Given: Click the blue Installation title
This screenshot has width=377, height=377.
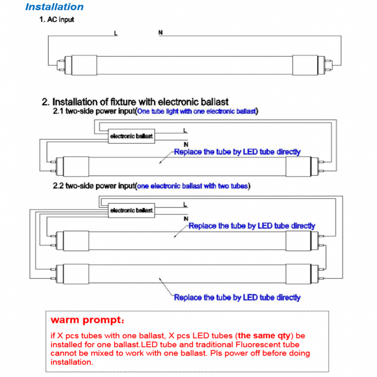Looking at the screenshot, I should [54, 7].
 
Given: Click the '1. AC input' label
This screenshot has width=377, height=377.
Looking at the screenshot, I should [57, 20].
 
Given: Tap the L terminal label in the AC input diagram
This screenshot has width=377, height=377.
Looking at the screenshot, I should [115, 33].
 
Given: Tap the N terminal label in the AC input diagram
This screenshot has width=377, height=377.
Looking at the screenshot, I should [160, 33].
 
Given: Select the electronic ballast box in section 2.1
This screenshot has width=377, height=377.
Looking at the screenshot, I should [131, 136].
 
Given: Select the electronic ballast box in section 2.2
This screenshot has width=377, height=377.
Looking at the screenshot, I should [131, 210].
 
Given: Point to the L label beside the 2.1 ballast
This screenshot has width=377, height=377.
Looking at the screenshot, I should [185, 131].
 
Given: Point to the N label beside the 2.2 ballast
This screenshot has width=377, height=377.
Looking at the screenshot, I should [186, 219].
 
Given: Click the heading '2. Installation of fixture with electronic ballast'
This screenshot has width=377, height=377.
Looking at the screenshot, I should [135, 102].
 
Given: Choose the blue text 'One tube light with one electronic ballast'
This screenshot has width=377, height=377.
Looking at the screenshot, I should [196, 111].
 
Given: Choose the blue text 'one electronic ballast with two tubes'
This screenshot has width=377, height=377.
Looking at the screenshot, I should [192, 186].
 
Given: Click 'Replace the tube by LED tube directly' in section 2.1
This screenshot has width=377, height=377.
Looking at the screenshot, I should [237, 152].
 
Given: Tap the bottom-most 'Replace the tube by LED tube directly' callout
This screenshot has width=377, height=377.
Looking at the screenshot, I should [237, 297].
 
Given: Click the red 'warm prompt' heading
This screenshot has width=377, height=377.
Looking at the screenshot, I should [87, 320].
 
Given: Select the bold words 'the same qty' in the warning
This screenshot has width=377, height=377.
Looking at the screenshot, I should [265, 336].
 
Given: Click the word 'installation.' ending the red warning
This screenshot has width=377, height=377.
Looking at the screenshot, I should [72, 362].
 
